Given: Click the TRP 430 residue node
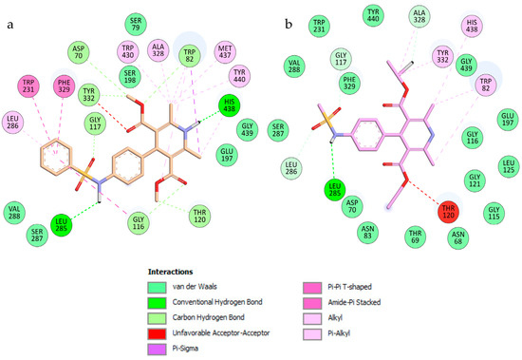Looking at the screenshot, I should point(128,49).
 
